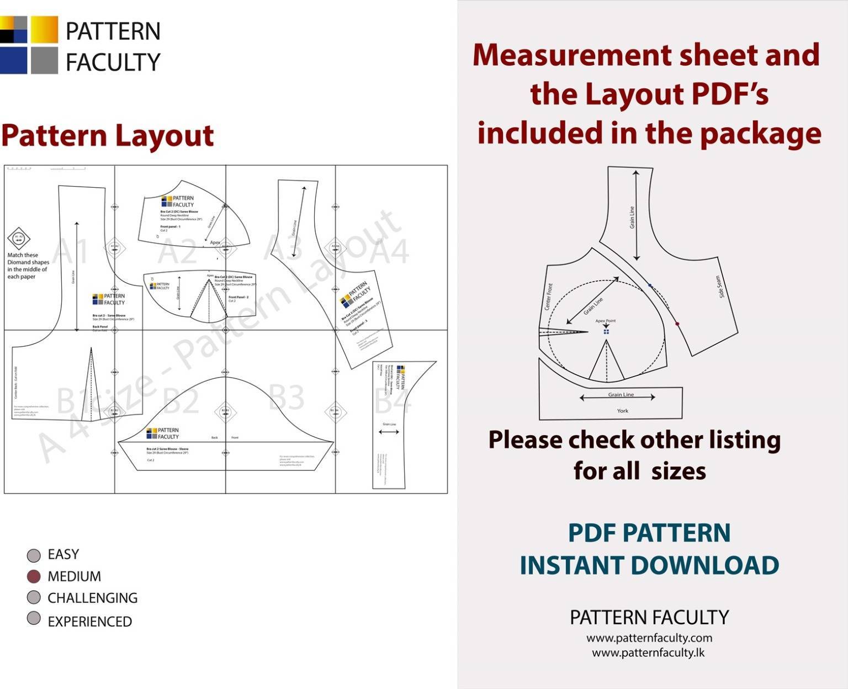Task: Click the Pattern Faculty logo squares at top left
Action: click(29, 45)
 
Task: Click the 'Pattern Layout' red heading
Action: click(107, 136)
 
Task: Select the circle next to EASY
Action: click(34, 555)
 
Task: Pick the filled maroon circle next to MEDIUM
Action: click(34, 576)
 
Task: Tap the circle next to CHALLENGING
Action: click(34, 597)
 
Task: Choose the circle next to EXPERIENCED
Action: click(34, 618)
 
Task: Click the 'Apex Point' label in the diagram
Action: click(605, 321)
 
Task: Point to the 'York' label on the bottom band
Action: click(622, 411)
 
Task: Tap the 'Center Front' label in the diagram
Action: click(549, 296)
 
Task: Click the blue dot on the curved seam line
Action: click(650, 285)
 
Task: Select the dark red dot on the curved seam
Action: click(677, 324)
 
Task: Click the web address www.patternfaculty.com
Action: click(649, 638)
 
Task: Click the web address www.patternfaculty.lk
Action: click(648, 653)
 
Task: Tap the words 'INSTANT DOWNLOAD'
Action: click(649, 565)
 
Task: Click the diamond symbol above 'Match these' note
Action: click(18, 239)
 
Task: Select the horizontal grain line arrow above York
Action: click(617, 397)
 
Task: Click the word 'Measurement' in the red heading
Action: click(571, 55)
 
